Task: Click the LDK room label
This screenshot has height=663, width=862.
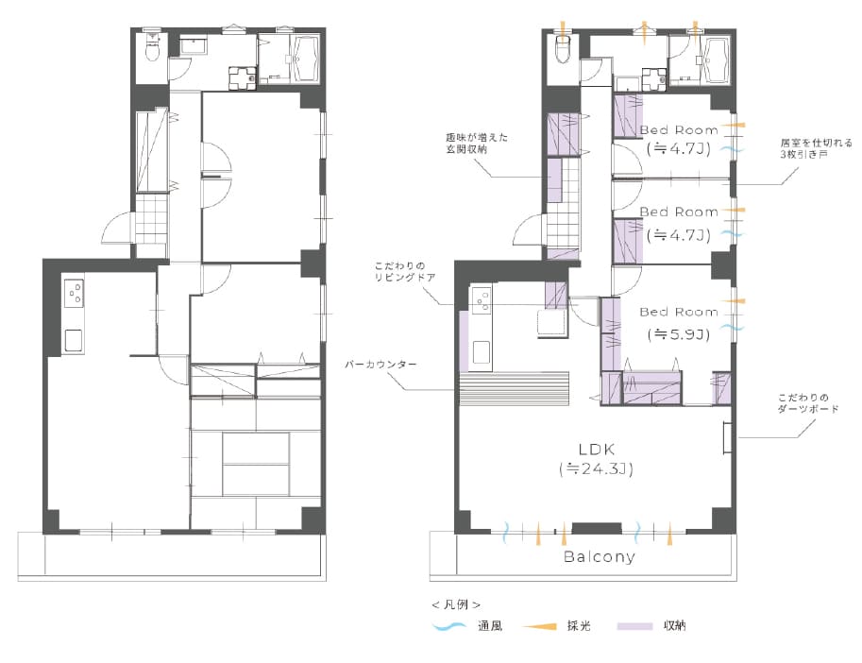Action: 597,450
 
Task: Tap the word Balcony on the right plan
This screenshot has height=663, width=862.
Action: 600,556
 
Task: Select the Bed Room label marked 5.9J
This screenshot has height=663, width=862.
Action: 679,312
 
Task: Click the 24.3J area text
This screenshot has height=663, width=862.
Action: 597,469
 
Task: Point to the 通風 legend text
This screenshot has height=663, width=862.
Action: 490,625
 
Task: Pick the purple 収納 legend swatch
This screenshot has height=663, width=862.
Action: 634,625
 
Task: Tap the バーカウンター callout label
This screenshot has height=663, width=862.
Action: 380,365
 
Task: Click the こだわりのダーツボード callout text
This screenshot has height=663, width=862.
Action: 808,403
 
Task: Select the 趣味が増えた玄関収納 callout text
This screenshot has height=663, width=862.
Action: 477,143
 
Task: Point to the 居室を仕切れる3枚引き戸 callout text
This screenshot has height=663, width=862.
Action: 816,148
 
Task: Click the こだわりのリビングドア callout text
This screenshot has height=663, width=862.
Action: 405,272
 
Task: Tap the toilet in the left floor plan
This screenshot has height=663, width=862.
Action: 152,47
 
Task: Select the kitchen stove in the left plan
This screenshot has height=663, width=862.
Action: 74,293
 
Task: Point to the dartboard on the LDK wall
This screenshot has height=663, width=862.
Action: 727,437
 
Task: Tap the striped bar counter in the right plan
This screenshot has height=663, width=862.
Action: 514,389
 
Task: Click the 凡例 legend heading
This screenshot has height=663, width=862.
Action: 456,604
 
